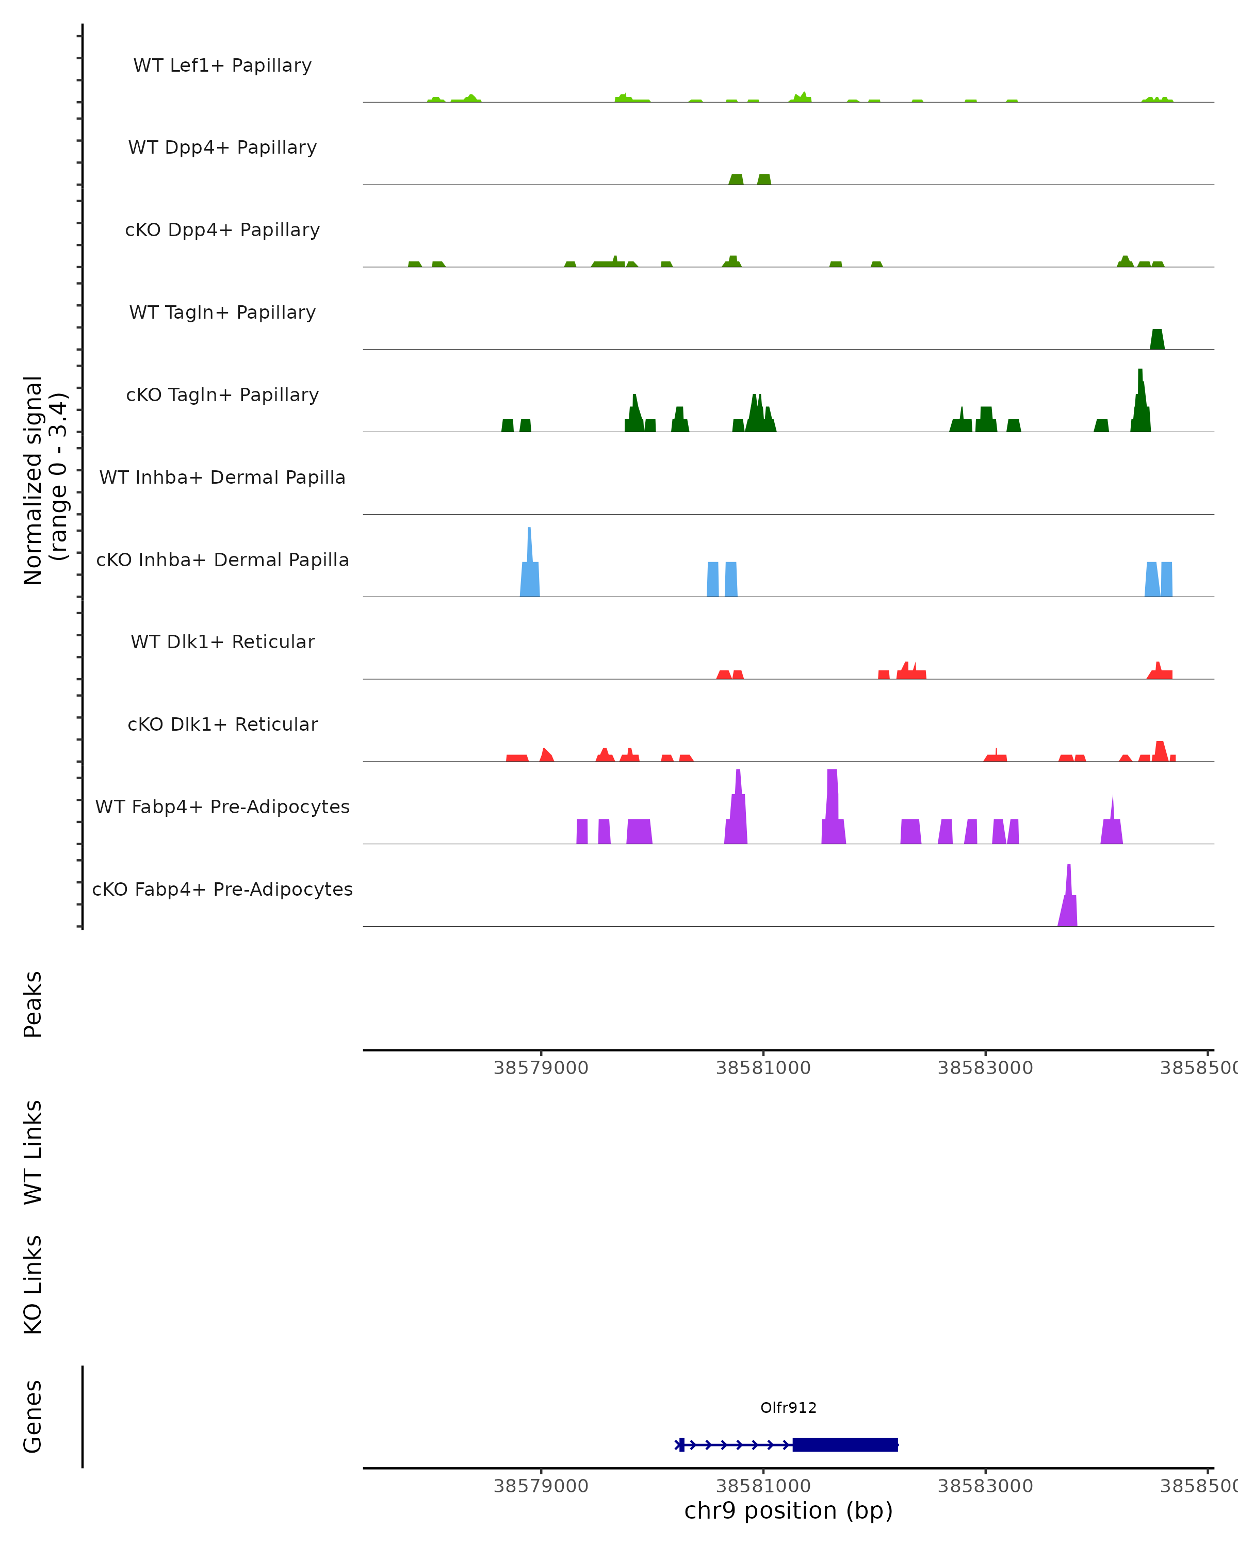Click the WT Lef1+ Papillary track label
[x=222, y=65]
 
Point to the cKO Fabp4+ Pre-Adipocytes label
[x=222, y=889]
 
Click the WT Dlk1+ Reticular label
[x=222, y=641]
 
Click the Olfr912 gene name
[x=788, y=1408]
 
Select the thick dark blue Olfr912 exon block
[x=845, y=1444]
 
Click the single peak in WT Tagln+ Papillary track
[x=1157, y=340]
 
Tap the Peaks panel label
[x=33, y=1005]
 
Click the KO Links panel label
[x=33, y=1285]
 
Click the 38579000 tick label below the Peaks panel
[x=541, y=1068]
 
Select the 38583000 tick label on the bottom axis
[x=985, y=1486]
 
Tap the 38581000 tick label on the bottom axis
[x=763, y=1486]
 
